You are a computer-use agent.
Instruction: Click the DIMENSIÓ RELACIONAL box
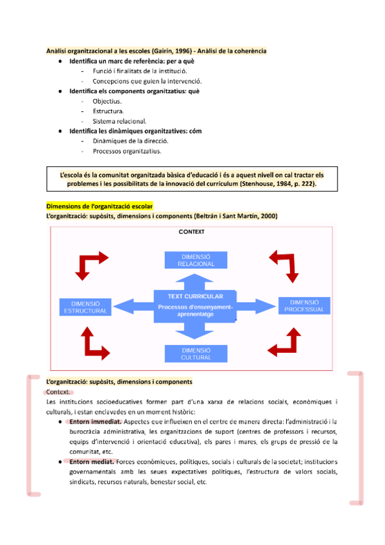[196, 260]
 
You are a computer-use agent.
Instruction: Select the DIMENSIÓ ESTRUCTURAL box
[85, 307]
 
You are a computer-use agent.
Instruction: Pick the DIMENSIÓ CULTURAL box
[196, 353]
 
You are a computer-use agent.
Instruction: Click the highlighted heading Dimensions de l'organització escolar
[99, 206]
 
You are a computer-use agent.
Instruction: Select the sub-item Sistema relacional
[119, 121]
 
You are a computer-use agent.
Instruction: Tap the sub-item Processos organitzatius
[126, 152]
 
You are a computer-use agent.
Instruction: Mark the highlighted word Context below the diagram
[59, 392]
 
